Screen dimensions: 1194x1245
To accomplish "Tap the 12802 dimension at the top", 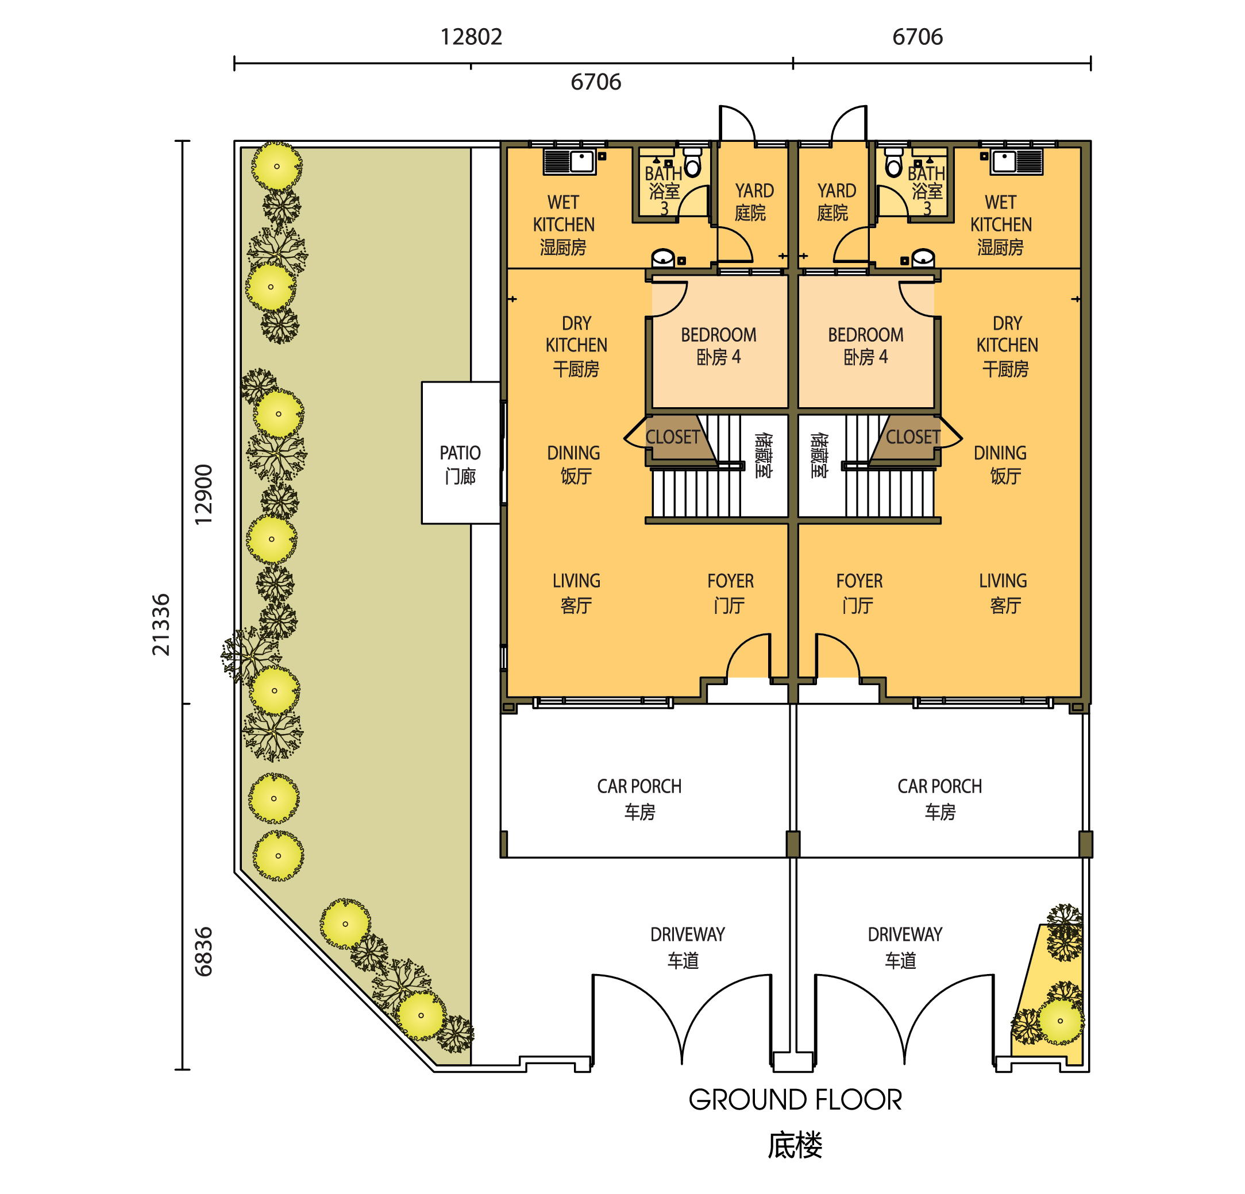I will click(x=471, y=37).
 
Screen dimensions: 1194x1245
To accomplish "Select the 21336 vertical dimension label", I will click(x=161, y=624).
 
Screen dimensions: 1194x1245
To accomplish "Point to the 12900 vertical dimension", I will click(x=203, y=494).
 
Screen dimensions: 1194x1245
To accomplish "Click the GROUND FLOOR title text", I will click(x=795, y=1099).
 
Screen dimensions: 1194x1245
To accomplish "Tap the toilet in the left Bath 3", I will click(x=692, y=163).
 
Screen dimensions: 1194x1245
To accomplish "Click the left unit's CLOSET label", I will click(x=672, y=437).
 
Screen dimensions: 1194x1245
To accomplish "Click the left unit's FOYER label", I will click(x=730, y=592).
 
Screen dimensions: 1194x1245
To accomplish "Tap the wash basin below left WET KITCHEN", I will click(x=662, y=258).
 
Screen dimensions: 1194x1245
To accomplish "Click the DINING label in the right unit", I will click(x=1000, y=463).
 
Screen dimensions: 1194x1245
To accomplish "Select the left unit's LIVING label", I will click(x=576, y=592).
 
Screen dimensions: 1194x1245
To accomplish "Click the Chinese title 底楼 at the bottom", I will click(x=795, y=1146).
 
